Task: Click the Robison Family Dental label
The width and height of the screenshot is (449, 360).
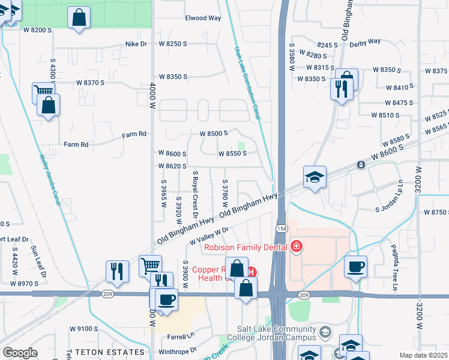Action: coord(246,247)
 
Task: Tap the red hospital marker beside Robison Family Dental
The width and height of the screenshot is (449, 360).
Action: coord(295,246)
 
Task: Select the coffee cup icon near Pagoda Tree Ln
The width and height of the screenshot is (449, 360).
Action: coord(355,266)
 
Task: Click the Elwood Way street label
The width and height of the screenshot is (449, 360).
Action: coord(203,18)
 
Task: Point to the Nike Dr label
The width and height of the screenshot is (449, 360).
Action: coord(136,44)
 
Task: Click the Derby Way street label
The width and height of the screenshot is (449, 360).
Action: coord(366,41)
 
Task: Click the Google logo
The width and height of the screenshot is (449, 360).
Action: coord(20,352)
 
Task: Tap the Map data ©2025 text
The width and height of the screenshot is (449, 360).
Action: coord(423,355)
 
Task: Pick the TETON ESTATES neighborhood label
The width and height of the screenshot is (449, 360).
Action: coord(106,352)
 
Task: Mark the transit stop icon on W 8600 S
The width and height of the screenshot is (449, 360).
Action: coord(361,164)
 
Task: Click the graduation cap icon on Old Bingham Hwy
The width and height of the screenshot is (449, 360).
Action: coord(315,177)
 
